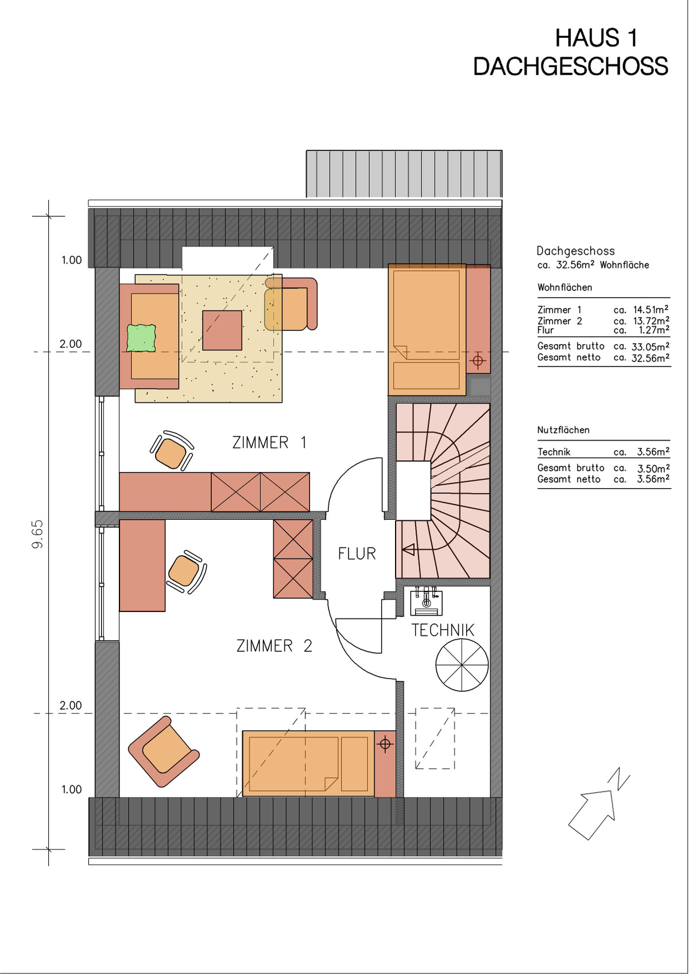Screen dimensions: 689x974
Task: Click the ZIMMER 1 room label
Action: click(x=269, y=443)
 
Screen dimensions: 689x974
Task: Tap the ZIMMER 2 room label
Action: click(x=274, y=646)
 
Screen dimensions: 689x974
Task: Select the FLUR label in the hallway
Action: click(x=357, y=554)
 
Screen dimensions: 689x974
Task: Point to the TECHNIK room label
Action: click(x=443, y=630)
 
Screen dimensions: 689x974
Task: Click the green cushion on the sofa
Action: click(x=141, y=338)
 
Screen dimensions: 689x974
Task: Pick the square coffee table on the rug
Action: click(x=222, y=330)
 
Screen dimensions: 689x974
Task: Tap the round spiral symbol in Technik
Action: click(x=462, y=665)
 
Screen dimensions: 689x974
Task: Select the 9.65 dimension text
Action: click(x=38, y=534)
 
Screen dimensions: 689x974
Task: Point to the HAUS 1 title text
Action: click(x=597, y=38)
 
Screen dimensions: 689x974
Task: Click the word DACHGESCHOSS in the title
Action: click(x=571, y=67)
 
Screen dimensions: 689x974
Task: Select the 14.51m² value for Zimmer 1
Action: click(x=651, y=310)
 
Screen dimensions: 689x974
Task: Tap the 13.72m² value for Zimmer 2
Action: click(x=651, y=321)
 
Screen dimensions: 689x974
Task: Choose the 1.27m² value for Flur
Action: click(x=654, y=330)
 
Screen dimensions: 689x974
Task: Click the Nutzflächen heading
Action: click(x=563, y=430)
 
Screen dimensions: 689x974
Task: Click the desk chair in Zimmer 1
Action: click(x=172, y=451)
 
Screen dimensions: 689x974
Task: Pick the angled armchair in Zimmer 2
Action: click(x=164, y=751)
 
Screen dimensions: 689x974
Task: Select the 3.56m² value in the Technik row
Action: click(x=653, y=452)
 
